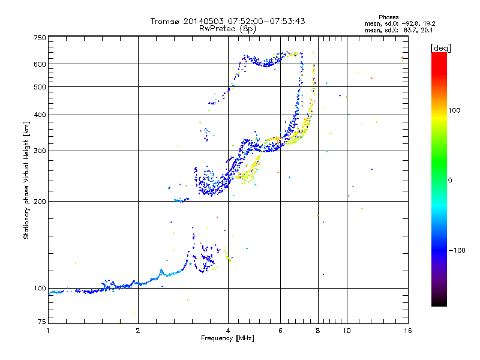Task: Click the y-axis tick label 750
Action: coord(40,38)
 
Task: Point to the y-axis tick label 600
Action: coord(40,64)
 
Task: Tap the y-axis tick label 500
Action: coord(40,87)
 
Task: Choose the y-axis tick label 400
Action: coord(40,115)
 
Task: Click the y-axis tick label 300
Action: coord(40,151)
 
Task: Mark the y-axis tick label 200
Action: coord(40,202)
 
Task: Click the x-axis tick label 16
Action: coord(407,331)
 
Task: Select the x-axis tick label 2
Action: coord(138,331)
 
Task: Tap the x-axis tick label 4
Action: coord(228,331)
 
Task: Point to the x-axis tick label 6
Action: coord(281,331)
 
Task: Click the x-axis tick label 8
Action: coord(318,331)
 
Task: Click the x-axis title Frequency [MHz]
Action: coord(227,338)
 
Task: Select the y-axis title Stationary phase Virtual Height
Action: coord(26,180)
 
